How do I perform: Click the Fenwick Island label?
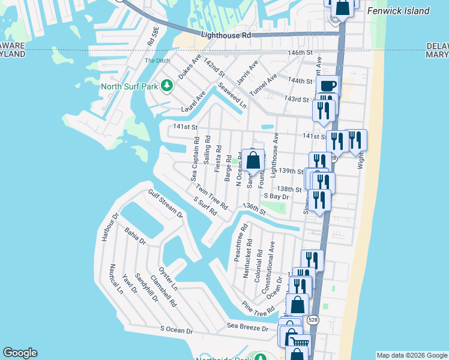pos(399,11)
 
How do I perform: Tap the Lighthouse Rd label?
pos(226,36)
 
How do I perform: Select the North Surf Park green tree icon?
pos(166,86)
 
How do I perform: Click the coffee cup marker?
pos(328,86)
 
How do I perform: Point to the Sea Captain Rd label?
pos(194,158)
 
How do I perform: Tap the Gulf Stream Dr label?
pos(166,202)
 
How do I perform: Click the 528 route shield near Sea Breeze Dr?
pos(313,320)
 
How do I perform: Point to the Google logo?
pos(20,353)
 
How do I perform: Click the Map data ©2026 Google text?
pos(411,355)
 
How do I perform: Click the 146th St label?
pos(300,53)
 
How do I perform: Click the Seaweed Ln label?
pos(232,95)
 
